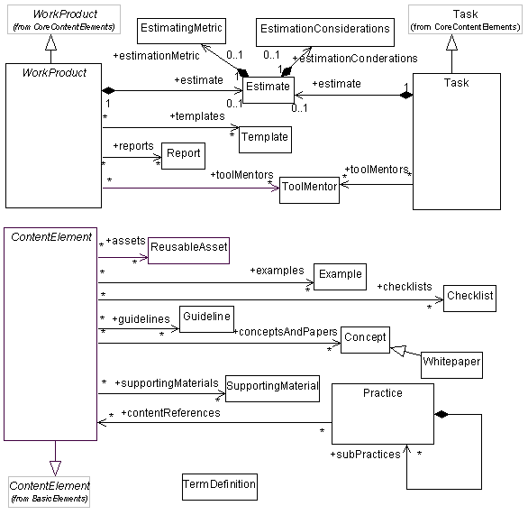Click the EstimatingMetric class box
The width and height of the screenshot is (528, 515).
click(182, 30)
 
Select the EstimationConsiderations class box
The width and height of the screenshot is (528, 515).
click(324, 30)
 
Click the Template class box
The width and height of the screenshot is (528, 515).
click(264, 137)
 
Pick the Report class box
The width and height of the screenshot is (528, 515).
click(183, 154)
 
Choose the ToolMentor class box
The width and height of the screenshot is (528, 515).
click(308, 188)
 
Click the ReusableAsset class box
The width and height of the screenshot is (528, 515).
click(188, 246)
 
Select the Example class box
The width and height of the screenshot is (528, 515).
click(339, 274)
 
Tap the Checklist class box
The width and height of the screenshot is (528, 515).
click(470, 296)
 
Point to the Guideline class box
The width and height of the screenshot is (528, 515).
click(205, 318)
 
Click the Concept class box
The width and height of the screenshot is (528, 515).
click(364, 338)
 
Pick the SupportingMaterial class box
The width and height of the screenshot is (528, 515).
click(272, 387)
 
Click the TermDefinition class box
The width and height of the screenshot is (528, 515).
click(219, 486)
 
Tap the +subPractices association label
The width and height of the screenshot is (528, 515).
click(365, 454)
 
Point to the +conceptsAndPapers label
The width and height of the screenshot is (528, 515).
click(285, 332)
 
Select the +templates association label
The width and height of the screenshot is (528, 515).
click(196, 116)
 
